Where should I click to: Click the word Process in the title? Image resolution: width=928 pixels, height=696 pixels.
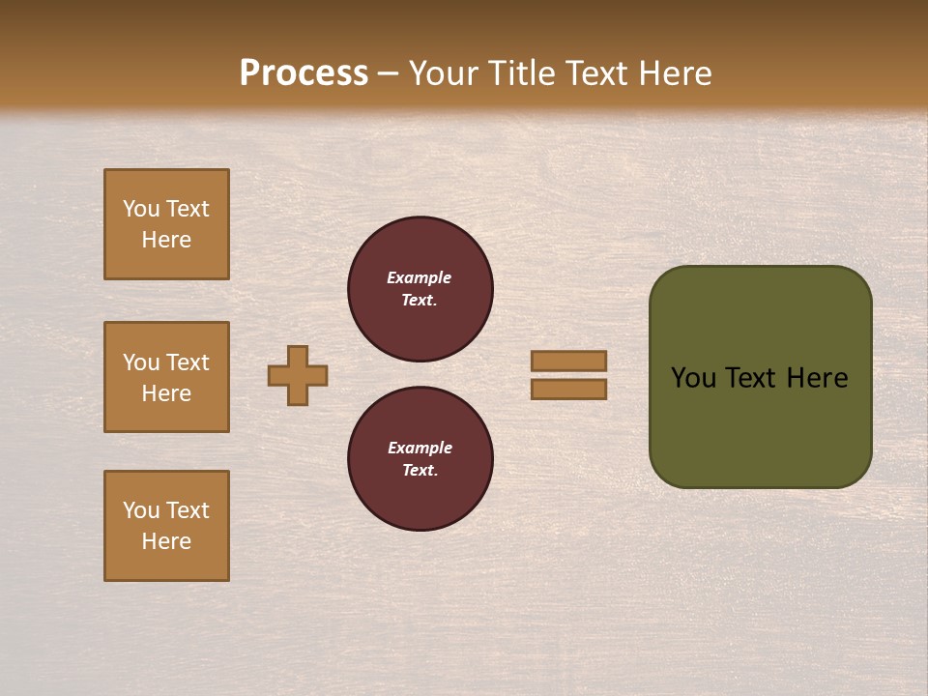pos(304,73)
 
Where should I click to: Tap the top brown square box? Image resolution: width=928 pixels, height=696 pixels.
pos(166,224)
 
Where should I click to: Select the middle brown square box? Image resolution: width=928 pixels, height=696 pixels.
pos(166,377)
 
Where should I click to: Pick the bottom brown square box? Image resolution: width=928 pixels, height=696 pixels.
pos(166,526)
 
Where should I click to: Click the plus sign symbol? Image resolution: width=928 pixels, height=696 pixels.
pos(298,375)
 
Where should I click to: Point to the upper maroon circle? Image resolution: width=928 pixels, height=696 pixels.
pos(420,289)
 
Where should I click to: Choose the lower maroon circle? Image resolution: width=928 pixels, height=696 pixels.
pos(420,459)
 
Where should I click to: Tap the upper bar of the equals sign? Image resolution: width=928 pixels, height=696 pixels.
pos(569,362)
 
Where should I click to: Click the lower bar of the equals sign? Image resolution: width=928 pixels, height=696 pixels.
pos(569,390)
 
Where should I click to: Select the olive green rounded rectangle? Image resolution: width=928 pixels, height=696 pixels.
pos(760,425)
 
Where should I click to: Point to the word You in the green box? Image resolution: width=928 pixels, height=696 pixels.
pos(693,378)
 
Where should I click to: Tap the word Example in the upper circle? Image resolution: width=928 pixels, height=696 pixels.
pos(420,277)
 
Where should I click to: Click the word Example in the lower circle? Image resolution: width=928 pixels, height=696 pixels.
pos(420,448)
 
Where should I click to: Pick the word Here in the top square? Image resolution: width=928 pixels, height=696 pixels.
pos(166,240)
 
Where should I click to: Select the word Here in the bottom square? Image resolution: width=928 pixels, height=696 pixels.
pos(166,541)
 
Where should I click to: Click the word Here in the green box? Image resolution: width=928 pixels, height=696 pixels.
pos(817,378)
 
